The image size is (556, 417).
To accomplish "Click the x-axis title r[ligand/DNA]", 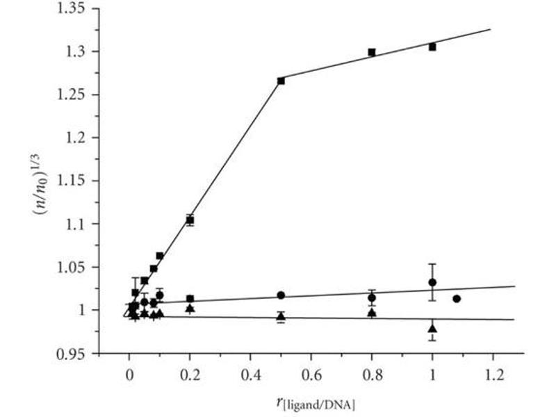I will coord(311,401).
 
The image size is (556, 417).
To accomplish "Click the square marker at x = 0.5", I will coord(281,81).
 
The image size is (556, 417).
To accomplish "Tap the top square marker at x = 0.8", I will coord(372,52).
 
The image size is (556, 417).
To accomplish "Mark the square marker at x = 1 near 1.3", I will coord(432,47).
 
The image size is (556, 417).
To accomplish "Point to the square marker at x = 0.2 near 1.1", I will coord(190,220).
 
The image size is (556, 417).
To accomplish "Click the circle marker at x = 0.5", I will coord(281,295).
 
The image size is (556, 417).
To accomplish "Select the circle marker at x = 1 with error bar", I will coord(432,282).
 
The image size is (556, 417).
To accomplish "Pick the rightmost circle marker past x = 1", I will coord(457,299).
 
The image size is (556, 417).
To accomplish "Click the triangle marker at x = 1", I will coord(432,329).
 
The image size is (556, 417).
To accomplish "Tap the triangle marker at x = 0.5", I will coord(281,316).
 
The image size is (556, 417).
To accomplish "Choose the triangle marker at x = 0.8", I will coord(372,313).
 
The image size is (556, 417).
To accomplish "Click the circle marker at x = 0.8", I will coord(372,297).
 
